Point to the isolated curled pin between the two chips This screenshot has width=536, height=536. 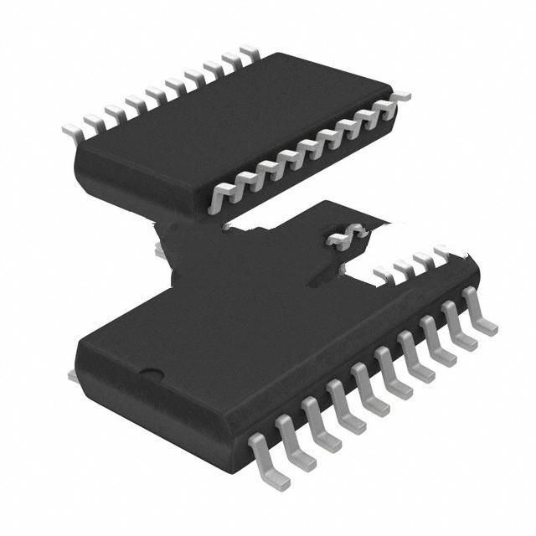(x=348, y=236)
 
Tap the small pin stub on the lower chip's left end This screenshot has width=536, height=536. (x=73, y=378)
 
